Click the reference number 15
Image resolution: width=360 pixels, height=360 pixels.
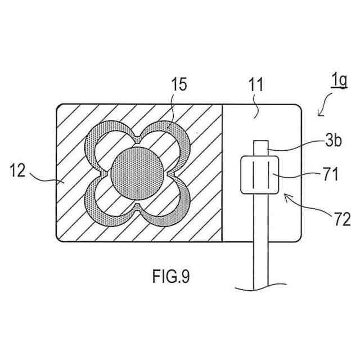click(179, 86)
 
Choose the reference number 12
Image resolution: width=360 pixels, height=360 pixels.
click(17, 170)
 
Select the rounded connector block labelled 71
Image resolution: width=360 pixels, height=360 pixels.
click(260, 176)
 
